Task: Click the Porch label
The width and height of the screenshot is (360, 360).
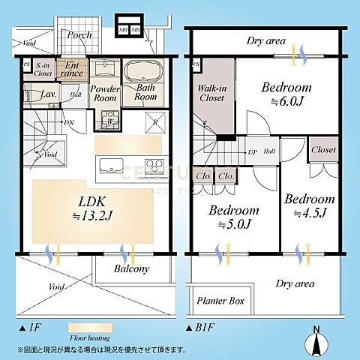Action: click(x=79, y=35)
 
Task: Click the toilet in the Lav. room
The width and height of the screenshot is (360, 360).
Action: click(x=35, y=97)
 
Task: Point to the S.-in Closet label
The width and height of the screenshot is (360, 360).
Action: click(x=43, y=69)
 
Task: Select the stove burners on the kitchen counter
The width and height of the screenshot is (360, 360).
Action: click(x=155, y=166)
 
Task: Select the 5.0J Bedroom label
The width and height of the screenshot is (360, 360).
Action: click(x=234, y=216)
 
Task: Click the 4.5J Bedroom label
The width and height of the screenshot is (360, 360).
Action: click(x=309, y=205)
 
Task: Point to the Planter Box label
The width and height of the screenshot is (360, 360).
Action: click(x=221, y=301)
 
